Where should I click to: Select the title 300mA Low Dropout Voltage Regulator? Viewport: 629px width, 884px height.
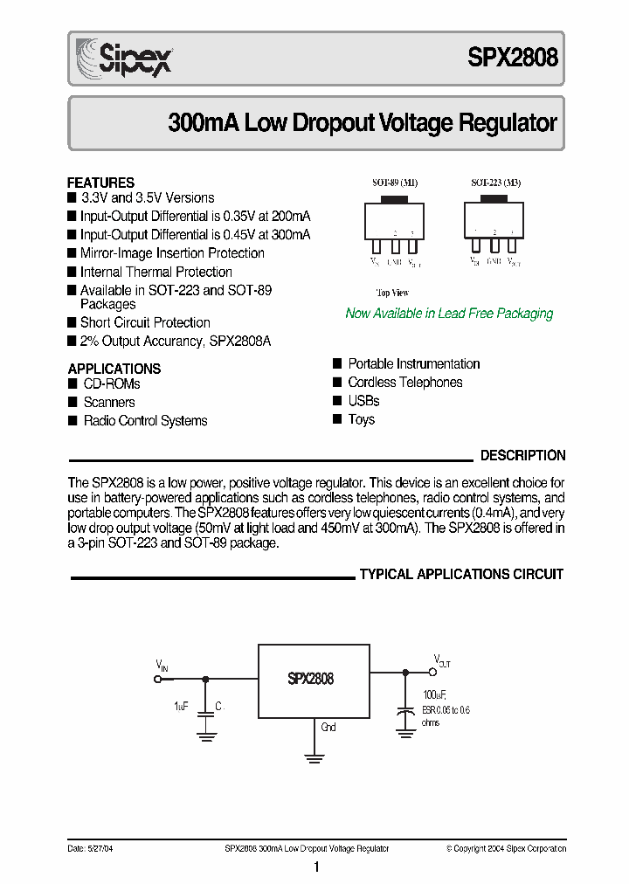click(362, 123)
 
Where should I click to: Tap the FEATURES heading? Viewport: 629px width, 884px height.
click(100, 183)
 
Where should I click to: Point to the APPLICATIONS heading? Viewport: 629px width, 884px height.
click(114, 369)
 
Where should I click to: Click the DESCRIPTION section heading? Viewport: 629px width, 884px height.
click(522, 455)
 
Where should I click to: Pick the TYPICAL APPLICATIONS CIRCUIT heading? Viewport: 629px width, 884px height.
click(461, 575)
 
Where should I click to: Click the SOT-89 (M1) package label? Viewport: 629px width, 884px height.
click(394, 183)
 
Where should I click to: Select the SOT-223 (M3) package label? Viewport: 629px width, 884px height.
click(495, 183)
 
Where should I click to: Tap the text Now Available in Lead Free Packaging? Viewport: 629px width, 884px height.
click(449, 314)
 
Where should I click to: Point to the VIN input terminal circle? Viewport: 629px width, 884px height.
click(159, 678)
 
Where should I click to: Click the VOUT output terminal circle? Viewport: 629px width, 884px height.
click(432, 673)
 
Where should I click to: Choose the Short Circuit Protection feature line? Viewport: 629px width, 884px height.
click(145, 323)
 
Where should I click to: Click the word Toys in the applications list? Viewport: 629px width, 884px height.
click(361, 419)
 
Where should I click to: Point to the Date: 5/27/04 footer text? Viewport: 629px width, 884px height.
click(91, 848)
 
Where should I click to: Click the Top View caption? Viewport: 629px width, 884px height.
click(392, 293)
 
